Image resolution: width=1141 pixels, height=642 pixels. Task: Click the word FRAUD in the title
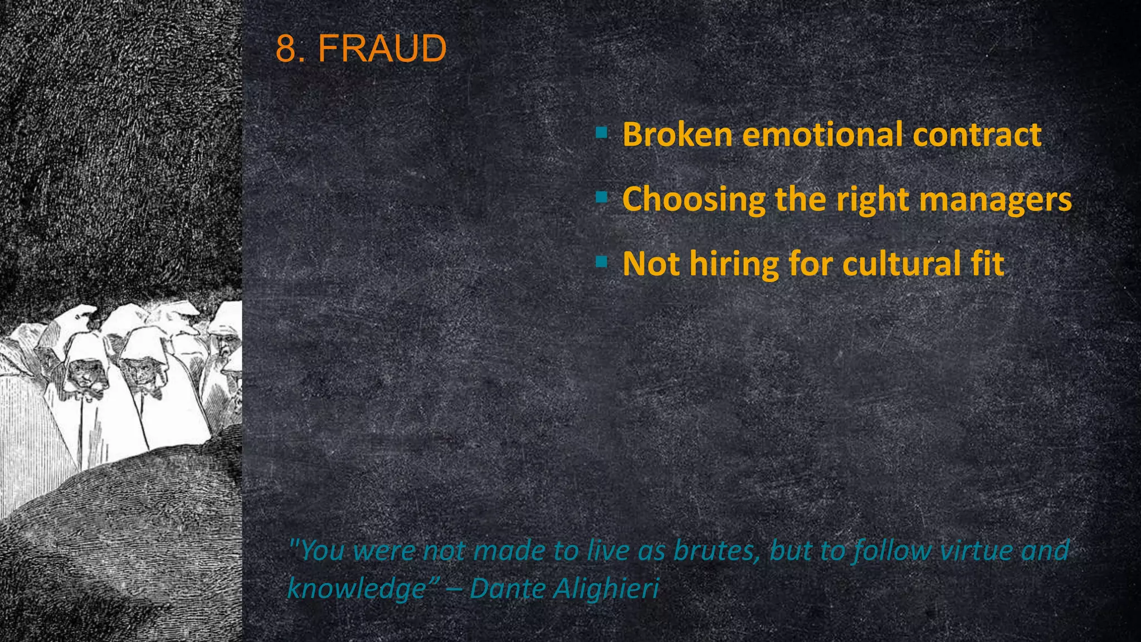382,48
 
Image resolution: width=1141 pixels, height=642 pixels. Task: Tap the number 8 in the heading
287,48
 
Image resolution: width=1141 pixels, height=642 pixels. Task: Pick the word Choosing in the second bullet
694,200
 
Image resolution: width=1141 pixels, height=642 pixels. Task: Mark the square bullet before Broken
601,133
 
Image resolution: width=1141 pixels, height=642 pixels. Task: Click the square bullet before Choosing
601,197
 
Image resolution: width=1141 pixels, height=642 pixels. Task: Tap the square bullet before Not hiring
601,261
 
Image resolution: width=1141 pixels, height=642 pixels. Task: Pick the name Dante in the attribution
506,588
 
